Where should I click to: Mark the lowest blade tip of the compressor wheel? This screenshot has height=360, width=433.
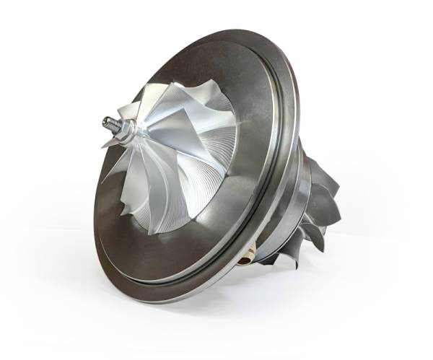coord(155,232)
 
